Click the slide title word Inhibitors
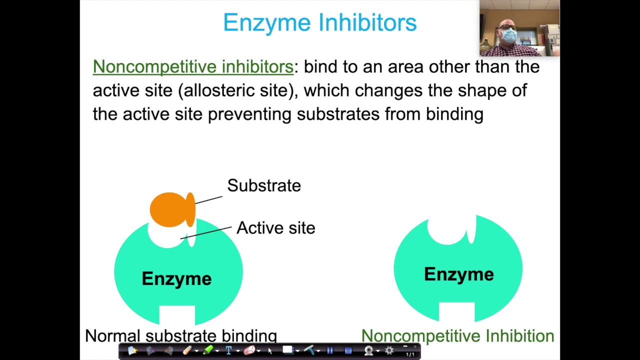[367, 22]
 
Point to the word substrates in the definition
[338, 114]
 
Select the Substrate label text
[264, 185]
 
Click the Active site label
[275, 228]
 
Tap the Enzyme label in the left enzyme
[176, 278]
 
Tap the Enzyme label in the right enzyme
[458, 274]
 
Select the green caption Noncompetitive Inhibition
[457, 336]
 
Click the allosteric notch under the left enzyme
[177, 314]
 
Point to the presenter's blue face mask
[508, 35]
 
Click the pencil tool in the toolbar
[187, 351]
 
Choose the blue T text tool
[228, 351]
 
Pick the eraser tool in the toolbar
[249, 351]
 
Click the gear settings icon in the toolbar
[389, 351]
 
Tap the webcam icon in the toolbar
[368, 351]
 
